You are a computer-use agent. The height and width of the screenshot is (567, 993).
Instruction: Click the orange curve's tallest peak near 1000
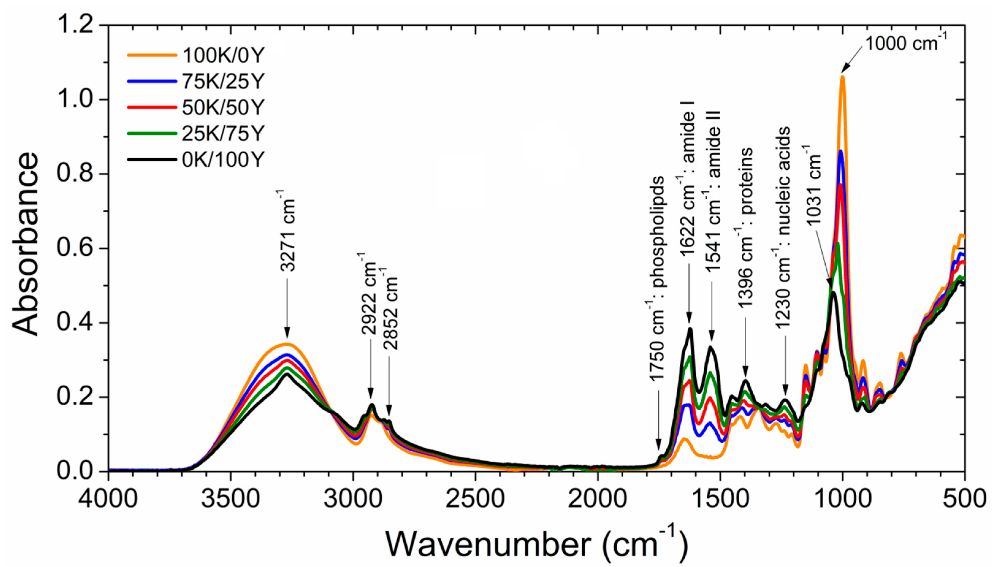[x=842, y=77]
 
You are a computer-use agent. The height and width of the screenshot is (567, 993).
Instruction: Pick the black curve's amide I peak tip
[x=690, y=329]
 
